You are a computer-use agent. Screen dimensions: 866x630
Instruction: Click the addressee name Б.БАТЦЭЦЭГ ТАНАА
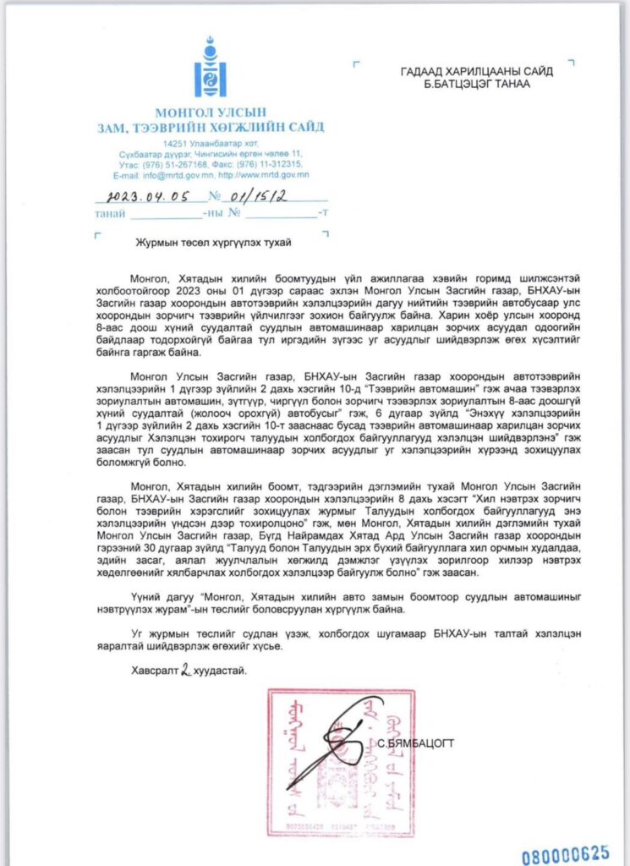pos(467,85)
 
